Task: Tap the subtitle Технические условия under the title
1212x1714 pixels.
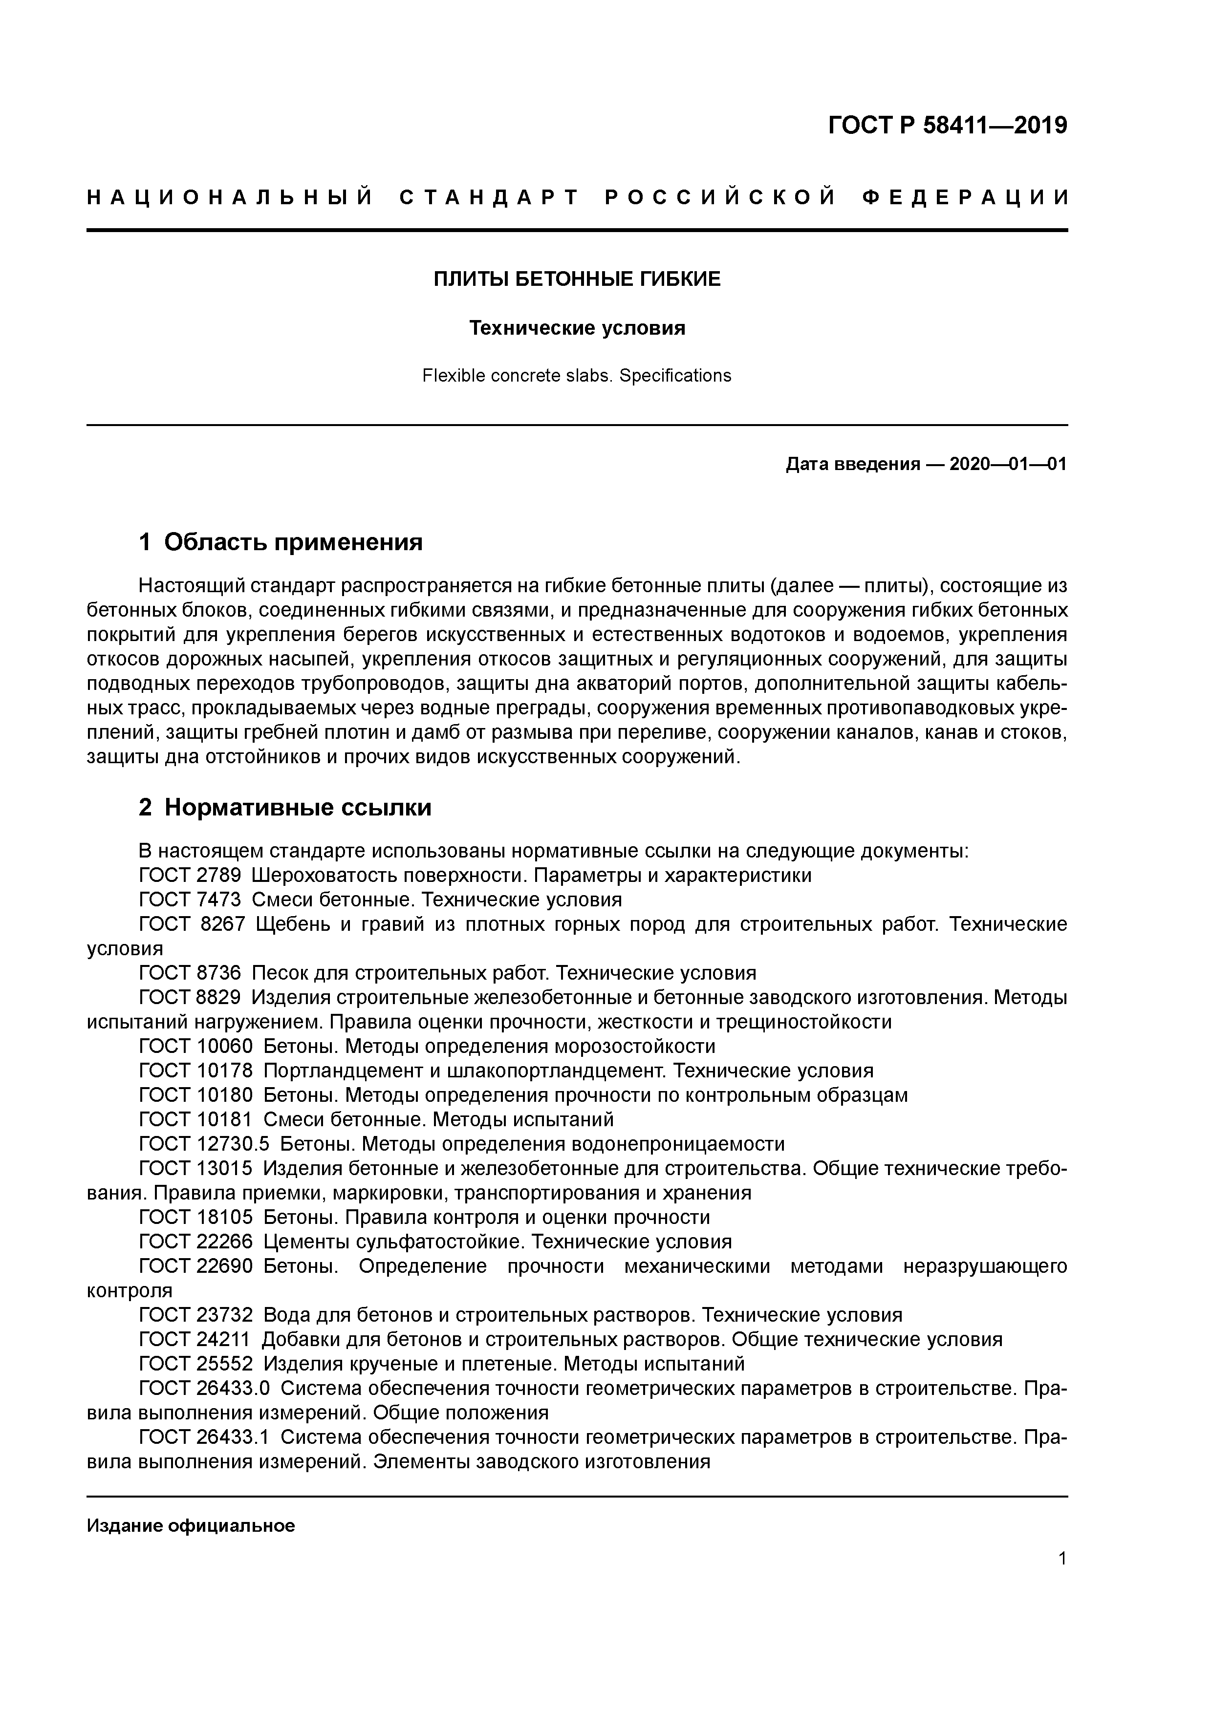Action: click(577, 328)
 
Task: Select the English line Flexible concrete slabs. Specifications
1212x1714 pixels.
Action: click(577, 376)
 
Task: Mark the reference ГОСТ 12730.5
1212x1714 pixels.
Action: click(204, 1144)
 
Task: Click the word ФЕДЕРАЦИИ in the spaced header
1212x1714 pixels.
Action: click(966, 198)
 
